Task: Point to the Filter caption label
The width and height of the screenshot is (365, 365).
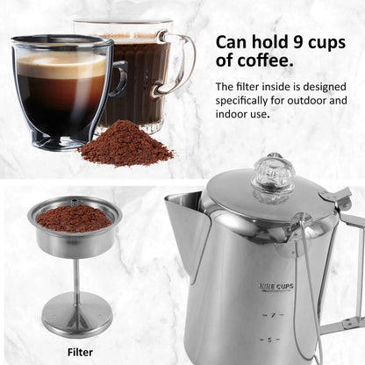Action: coord(80,352)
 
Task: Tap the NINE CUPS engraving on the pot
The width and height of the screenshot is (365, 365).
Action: coord(276,287)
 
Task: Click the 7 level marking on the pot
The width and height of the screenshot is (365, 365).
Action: coord(273,315)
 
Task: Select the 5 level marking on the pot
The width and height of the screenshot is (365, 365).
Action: coord(269,340)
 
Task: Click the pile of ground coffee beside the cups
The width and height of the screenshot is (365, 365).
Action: coord(126,146)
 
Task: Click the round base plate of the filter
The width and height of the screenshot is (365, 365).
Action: coord(76,315)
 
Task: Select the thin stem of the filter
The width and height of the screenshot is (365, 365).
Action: coord(76,278)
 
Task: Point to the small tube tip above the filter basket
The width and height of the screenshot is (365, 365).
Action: coord(75,202)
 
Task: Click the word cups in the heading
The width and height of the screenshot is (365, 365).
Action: coord(327,43)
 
